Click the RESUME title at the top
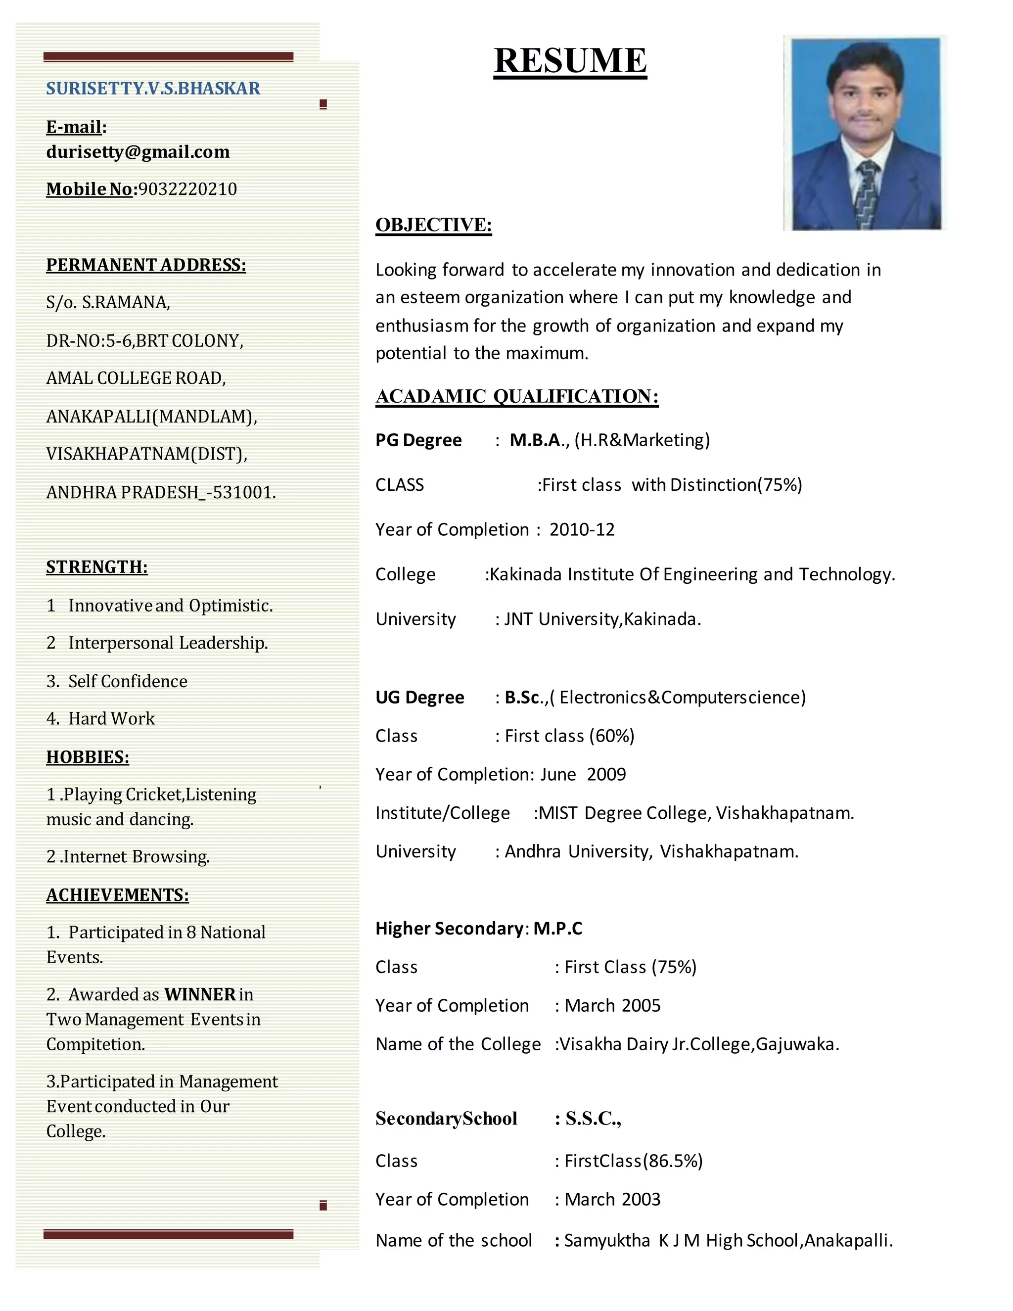tap(570, 61)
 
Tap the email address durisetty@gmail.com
tap(138, 152)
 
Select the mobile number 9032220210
tap(188, 189)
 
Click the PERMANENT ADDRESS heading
tap(146, 265)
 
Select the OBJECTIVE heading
tap(433, 225)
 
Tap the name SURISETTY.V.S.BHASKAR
tap(153, 88)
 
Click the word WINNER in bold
tap(200, 995)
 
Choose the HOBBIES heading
tap(88, 757)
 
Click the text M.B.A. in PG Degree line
tap(537, 440)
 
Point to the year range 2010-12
tap(582, 529)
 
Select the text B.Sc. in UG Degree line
tap(523, 698)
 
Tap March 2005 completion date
tap(612, 1005)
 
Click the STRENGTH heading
tap(96, 567)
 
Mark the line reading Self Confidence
tap(127, 681)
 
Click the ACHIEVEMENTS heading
tap(118, 895)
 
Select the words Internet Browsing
tap(137, 856)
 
